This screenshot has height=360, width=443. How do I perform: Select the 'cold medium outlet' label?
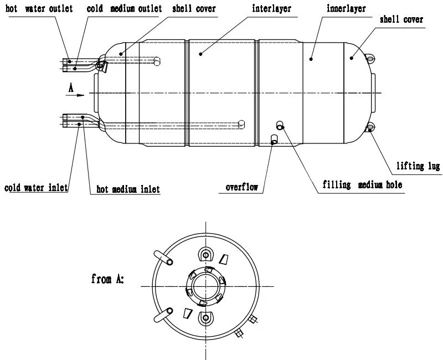tap(124, 9)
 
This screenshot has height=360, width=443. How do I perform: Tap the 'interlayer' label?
tap(272, 9)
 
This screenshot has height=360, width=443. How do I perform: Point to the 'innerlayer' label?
tap(346, 9)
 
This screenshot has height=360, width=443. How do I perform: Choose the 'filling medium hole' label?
tap(363, 185)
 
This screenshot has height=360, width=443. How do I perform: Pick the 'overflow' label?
tap(242, 187)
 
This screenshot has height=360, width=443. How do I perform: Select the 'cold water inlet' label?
tap(36, 188)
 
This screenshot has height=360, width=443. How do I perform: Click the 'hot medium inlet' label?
tap(128, 189)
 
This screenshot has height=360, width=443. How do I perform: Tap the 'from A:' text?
tap(107, 279)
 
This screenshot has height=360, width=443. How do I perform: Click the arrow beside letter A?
tap(75, 95)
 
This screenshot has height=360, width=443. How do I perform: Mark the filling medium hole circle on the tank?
tap(280, 127)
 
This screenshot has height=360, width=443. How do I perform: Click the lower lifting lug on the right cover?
tap(369, 128)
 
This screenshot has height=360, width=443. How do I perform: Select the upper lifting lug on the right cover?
tap(369, 58)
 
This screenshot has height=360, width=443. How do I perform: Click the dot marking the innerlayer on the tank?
tap(311, 58)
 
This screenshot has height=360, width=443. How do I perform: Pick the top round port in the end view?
tap(206, 255)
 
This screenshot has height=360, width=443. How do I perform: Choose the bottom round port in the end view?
tap(206, 318)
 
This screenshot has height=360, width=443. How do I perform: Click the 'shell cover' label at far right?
tap(401, 20)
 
